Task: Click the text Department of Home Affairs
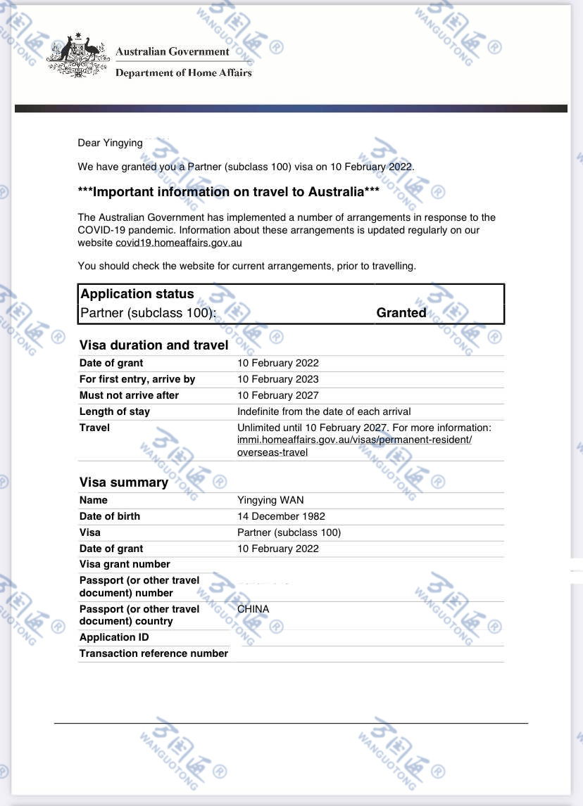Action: pyautogui.click(x=183, y=72)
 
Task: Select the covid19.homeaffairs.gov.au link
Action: pyautogui.click(x=179, y=243)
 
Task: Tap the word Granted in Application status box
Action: pyautogui.click(x=401, y=313)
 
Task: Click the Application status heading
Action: pyautogui.click(x=137, y=294)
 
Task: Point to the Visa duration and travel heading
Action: pyautogui.click(x=153, y=345)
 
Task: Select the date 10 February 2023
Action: pyautogui.click(x=278, y=379)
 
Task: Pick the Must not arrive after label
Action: pyautogui.click(x=129, y=395)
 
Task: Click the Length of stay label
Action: pyautogui.click(x=115, y=411)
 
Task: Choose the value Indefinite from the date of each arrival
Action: pyautogui.click(x=324, y=411)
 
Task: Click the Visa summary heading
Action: pyautogui.click(x=123, y=482)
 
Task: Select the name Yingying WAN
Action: pyautogui.click(x=270, y=500)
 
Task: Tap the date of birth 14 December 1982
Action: pyautogui.click(x=281, y=516)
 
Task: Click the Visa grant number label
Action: pyautogui.click(x=125, y=564)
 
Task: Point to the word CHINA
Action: pyautogui.click(x=253, y=609)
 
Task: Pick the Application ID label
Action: pyautogui.click(x=114, y=637)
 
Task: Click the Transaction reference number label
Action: pyautogui.click(x=153, y=653)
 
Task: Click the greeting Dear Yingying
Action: pyautogui.click(x=110, y=143)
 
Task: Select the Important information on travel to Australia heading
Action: pyautogui.click(x=229, y=192)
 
